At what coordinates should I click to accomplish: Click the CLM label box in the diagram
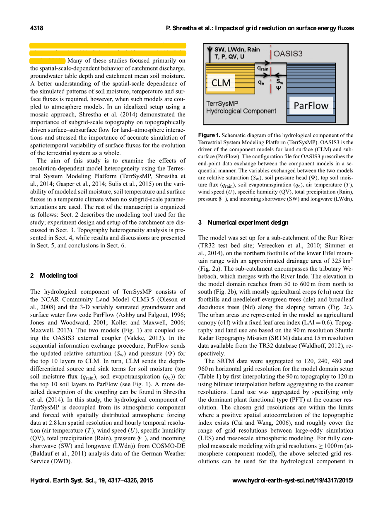[x=221, y=83]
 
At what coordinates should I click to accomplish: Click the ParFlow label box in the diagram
[x=311, y=106]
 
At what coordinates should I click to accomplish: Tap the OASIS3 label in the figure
[x=288, y=53]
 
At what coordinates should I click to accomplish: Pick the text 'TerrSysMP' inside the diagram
[x=222, y=103]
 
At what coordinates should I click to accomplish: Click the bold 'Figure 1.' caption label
[x=209, y=136]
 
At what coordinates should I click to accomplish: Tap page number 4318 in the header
[x=37, y=28]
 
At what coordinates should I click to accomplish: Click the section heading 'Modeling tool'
[x=58, y=276]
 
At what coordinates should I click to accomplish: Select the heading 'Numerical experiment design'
[x=248, y=223]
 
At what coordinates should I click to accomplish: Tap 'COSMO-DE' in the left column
[x=168, y=446]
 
